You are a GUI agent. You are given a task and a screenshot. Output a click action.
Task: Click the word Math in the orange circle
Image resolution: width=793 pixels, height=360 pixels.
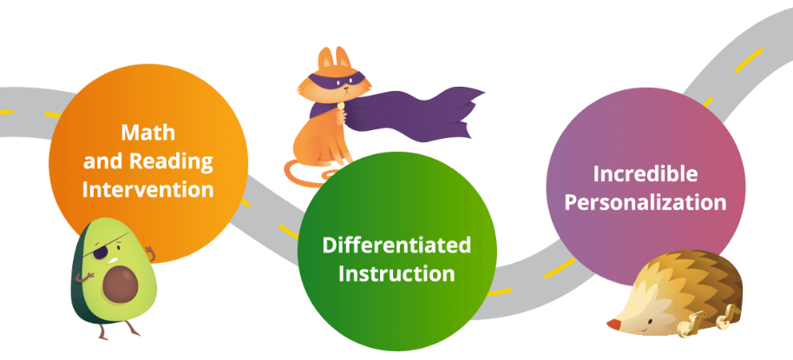tap(148, 133)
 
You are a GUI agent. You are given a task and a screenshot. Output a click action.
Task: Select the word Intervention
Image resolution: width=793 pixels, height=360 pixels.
tap(147, 190)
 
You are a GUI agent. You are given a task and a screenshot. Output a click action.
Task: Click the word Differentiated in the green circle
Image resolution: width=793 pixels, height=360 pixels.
tap(396, 245)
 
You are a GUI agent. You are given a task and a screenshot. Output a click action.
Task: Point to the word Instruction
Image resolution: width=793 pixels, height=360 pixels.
tap(396, 273)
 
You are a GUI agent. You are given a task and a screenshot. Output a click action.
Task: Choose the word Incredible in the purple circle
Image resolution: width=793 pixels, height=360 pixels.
tap(646, 174)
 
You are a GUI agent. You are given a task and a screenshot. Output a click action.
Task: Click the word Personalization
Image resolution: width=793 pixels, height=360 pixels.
tap(646, 203)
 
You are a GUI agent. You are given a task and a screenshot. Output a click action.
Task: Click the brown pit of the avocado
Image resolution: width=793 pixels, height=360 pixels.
tap(121, 284)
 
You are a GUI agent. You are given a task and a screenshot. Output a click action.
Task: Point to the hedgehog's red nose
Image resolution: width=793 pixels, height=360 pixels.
tap(613, 324)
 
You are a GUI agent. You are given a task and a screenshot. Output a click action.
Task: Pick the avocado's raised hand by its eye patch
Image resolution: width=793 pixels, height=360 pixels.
tap(149, 252)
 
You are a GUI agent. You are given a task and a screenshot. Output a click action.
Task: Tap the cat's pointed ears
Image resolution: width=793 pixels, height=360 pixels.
tap(334, 58)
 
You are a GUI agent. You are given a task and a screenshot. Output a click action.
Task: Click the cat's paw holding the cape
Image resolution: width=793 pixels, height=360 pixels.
tap(341, 115)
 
